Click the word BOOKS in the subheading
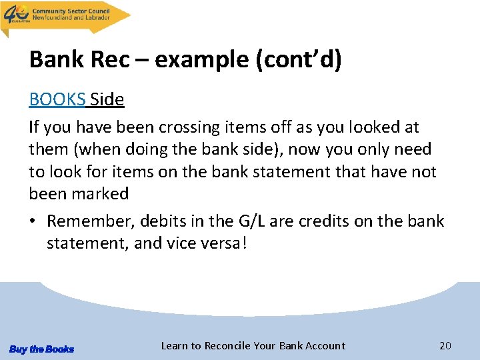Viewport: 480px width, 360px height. coord(57,100)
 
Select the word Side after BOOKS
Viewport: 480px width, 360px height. coord(107,100)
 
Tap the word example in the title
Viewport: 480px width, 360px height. coord(203,60)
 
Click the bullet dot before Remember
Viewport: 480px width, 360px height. coord(33,221)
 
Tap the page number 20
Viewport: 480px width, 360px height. coord(445,345)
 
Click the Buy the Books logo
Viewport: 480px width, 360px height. coord(41,349)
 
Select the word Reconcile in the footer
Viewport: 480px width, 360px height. coord(228,345)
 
